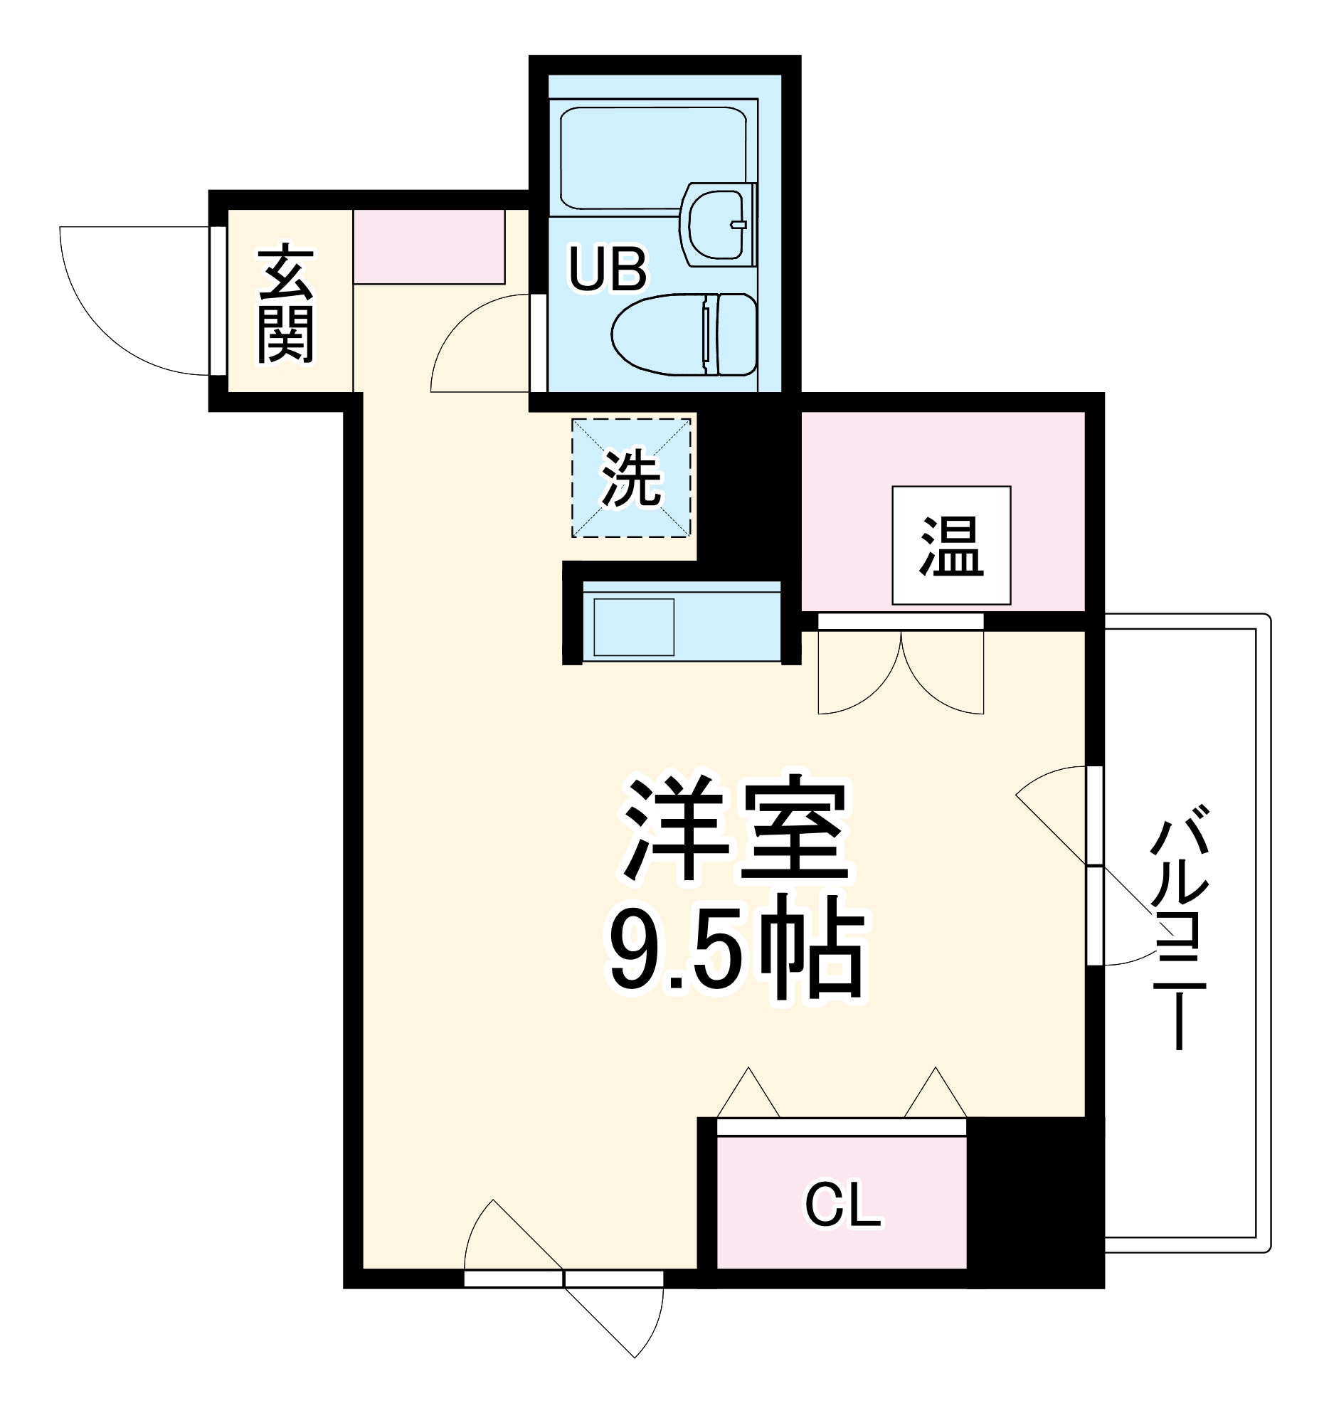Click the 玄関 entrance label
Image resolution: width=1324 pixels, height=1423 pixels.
(x=285, y=304)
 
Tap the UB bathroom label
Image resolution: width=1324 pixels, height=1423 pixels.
(x=607, y=269)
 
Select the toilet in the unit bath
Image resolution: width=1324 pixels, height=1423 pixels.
(x=684, y=334)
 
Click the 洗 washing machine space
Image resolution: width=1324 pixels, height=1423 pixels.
(x=630, y=478)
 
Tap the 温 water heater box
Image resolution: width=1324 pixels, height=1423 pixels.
(x=950, y=546)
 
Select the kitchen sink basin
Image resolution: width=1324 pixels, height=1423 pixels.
(x=633, y=626)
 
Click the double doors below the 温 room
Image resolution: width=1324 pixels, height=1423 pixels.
(x=900, y=670)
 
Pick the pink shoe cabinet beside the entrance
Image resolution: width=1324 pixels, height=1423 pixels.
(x=429, y=246)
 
